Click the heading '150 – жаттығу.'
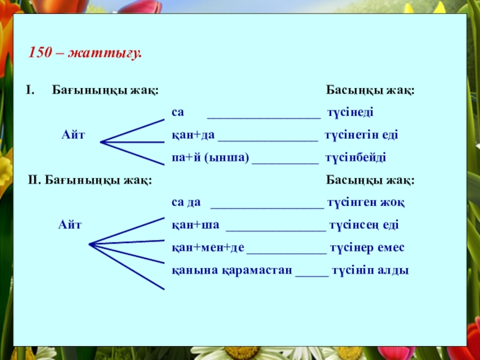(x=85, y=53)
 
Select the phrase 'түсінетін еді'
(x=361, y=135)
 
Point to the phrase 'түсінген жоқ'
(x=365, y=203)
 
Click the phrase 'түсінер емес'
(x=366, y=247)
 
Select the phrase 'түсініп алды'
(x=371, y=270)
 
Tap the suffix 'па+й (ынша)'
(x=210, y=157)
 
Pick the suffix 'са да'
(x=186, y=203)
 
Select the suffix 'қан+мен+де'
(x=208, y=247)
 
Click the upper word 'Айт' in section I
(x=73, y=135)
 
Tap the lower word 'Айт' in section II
(x=70, y=225)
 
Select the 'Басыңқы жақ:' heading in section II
(x=370, y=180)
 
